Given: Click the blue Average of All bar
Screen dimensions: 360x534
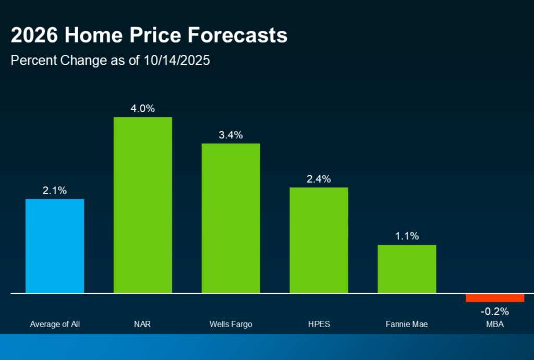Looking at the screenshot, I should point(55,246).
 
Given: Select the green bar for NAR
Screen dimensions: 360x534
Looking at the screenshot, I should point(142,205).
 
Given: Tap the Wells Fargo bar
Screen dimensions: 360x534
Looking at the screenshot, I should point(230,218).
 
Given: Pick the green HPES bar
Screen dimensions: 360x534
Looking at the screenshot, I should point(319,240).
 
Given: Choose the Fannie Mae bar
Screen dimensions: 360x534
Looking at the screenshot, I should point(407,269).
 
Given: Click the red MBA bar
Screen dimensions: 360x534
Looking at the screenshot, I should point(494,298).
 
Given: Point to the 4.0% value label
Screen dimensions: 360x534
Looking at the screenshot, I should point(143,109).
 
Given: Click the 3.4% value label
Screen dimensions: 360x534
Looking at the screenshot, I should point(230,135).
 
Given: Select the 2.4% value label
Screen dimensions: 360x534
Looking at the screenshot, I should point(319,179).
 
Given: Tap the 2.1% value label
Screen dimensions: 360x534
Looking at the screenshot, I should point(55,191).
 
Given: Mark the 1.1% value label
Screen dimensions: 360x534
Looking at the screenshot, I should point(407,236).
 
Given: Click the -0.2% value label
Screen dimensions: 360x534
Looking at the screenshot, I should point(494,311).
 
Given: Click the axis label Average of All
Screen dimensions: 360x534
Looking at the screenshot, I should point(55,325).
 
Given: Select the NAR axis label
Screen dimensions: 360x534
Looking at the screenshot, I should point(142,325).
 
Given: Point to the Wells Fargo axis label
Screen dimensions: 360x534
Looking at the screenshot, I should point(230,325).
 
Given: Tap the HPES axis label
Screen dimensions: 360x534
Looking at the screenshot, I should point(319,325).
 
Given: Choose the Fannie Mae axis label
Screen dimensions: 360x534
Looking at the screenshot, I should point(407,325).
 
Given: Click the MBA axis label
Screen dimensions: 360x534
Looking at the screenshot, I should point(494,325).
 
